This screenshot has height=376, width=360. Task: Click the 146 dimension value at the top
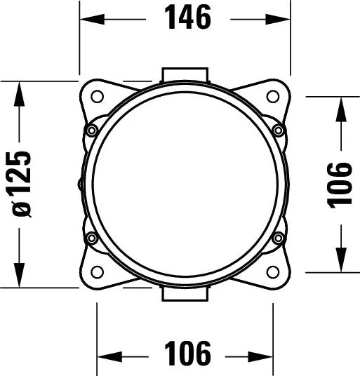click(187, 18)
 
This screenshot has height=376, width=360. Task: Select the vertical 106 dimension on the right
click(339, 185)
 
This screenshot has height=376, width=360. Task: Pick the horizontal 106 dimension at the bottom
click(187, 354)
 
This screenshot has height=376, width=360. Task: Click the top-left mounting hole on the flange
click(98, 96)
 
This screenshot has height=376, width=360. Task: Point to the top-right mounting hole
click(273, 96)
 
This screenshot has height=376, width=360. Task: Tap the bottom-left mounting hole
click(98, 271)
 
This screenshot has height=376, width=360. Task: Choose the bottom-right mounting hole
click(273, 271)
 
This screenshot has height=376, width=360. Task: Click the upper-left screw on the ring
click(92, 130)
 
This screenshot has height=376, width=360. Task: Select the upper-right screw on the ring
click(279, 130)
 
